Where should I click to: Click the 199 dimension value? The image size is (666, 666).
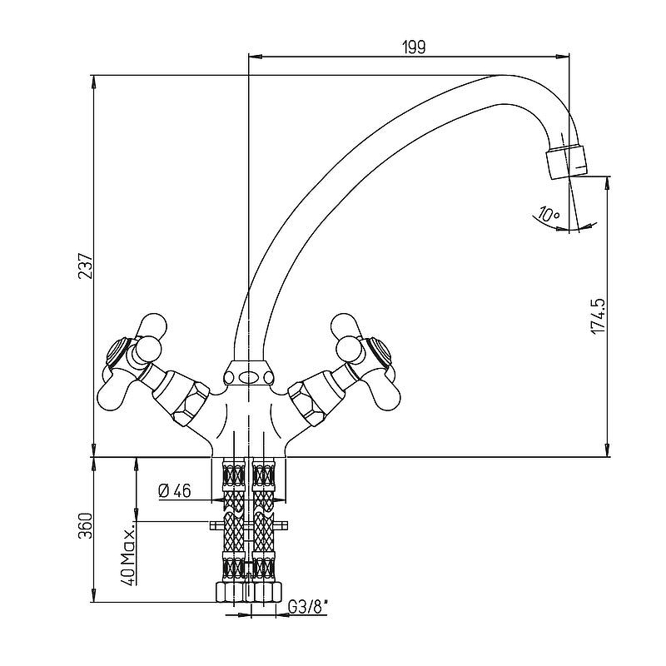pos(414,47)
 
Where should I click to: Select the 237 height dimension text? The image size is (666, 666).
pos(86,266)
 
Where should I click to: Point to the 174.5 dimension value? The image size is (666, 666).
pos(598,316)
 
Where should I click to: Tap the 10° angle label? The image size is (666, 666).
pos(549,214)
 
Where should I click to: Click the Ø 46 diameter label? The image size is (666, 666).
pos(175,491)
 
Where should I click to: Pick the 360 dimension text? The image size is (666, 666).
pos(86,525)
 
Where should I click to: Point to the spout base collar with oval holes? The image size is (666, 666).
pos(247,374)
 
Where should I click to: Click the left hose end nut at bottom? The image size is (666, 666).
pos(232,592)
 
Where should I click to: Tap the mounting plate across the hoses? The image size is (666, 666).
pos(249,526)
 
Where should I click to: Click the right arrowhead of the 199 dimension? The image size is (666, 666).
pos(564,56)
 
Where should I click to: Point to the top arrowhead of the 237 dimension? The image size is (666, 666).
pos(93,82)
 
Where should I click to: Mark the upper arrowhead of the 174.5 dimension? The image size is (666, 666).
pos(609,182)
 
